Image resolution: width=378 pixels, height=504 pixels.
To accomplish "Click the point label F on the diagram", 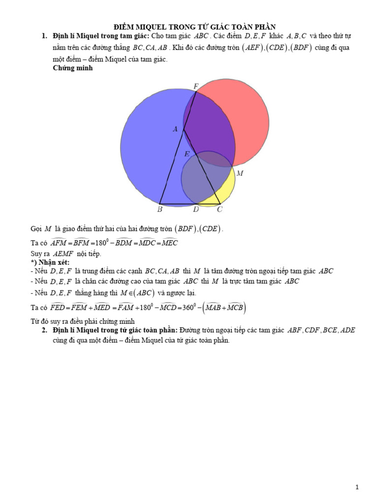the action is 196,86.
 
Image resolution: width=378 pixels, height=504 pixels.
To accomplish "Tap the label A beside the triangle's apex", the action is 175,129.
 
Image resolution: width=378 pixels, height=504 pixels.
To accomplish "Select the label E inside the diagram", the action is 187,154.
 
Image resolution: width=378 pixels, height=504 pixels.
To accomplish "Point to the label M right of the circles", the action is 240,173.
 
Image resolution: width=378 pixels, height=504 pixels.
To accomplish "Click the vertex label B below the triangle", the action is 160,209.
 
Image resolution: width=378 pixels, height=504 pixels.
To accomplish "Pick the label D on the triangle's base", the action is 196,209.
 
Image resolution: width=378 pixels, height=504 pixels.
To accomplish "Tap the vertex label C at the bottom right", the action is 220,209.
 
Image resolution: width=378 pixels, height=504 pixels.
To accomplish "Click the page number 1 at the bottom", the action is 357,487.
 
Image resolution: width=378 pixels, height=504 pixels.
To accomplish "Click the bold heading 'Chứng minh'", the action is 73,68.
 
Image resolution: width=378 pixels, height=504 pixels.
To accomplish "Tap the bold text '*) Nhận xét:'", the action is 50,262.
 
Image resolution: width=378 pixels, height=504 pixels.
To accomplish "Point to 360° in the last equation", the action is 189,307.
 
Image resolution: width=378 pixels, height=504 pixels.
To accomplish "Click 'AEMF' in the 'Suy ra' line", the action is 63,253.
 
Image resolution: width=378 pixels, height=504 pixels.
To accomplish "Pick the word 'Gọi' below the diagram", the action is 36,229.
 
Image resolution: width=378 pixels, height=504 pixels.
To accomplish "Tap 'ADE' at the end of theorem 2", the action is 347,330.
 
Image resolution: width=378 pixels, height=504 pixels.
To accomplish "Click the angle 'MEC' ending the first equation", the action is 169,242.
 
